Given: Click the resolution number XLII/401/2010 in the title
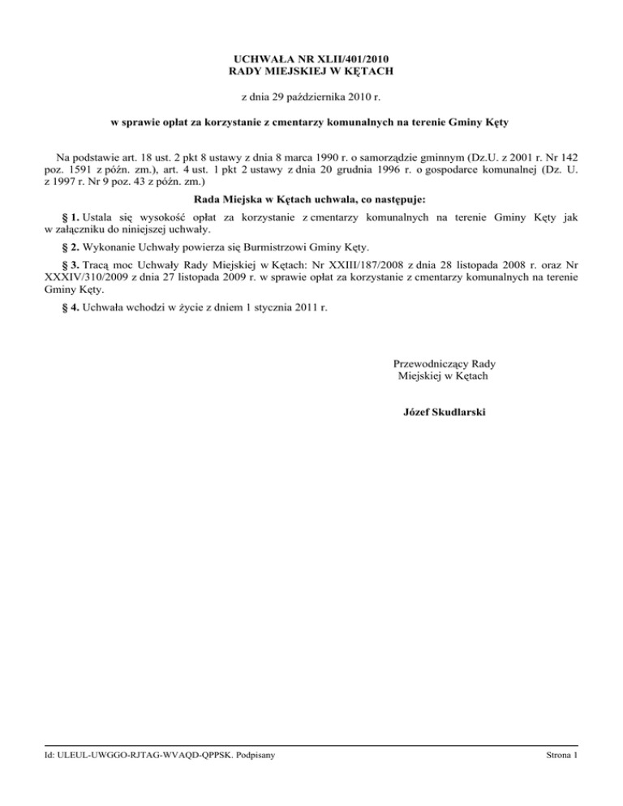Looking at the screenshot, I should [358, 59].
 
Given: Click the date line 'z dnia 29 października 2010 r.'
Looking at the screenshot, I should [311, 98].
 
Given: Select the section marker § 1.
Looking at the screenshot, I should [71, 217].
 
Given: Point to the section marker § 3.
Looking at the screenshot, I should [71, 265].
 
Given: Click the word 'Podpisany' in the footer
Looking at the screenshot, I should [251, 757].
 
